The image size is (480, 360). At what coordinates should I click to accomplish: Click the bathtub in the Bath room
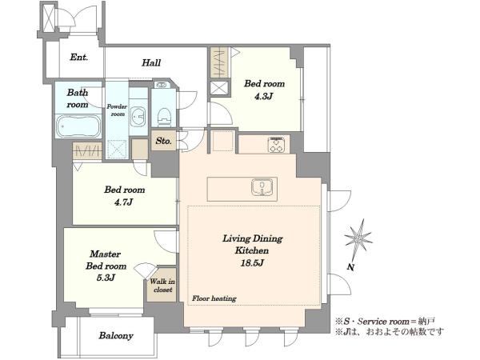click(79, 126)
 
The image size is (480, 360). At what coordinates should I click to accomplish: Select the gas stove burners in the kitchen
click(277, 145)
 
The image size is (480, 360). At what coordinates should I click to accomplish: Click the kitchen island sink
click(262, 187)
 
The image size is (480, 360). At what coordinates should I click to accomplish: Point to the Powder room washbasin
click(138, 116)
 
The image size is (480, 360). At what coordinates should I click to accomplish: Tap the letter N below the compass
click(351, 267)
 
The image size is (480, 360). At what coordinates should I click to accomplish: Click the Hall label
click(151, 62)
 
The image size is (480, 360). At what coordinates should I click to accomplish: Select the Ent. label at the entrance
click(79, 57)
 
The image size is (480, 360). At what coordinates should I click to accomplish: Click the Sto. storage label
click(163, 141)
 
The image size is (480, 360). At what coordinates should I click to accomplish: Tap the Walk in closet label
click(162, 286)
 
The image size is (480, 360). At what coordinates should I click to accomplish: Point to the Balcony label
click(116, 335)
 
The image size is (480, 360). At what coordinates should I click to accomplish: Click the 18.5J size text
click(252, 262)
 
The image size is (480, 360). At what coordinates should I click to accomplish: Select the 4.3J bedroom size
click(263, 97)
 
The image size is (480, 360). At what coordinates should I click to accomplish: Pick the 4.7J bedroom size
click(124, 202)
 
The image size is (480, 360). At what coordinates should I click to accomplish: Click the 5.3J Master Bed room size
click(106, 278)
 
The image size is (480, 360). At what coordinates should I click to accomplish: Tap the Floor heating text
click(214, 298)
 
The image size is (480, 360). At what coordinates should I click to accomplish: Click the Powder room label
click(117, 110)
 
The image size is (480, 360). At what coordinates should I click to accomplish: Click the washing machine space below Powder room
click(117, 150)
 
